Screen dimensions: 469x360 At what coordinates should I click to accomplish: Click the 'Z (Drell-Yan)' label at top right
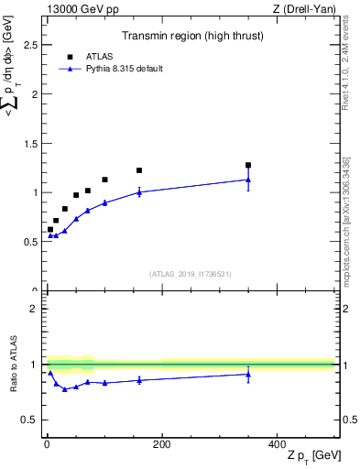pyautogui.click(x=304, y=8)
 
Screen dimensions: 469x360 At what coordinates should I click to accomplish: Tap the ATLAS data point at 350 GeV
pyautogui.click(x=248, y=166)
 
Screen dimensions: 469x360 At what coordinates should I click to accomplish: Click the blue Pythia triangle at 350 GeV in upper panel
pyautogui.click(x=248, y=180)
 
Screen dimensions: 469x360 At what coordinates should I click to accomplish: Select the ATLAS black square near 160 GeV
pyautogui.click(x=139, y=170)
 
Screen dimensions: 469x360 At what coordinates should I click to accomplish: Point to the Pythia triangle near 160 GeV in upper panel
pyautogui.click(x=139, y=192)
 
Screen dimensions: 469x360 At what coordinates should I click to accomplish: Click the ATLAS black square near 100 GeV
pyautogui.click(x=104, y=180)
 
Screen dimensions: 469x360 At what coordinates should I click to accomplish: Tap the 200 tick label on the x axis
pyautogui.click(x=161, y=444)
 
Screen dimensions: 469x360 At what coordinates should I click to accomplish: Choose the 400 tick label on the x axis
pyautogui.click(x=277, y=444)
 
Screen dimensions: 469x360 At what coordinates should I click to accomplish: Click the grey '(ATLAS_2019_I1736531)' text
pyautogui.click(x=190, y=274)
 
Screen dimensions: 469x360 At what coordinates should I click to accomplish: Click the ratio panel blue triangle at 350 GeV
pyautogui.click(x=248, y=374)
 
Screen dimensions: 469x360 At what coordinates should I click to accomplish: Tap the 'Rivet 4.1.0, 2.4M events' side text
pyautogui.click(x=345, y=69)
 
